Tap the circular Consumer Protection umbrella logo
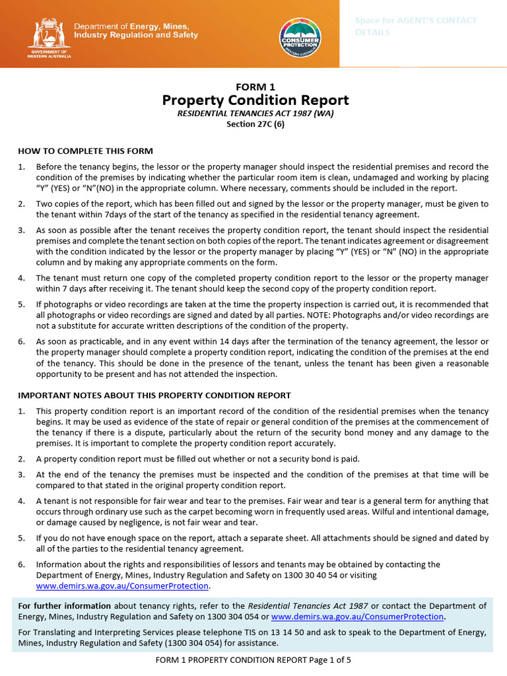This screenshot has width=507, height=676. [x=300, y=37]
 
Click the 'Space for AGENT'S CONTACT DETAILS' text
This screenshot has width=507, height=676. [x=416, y=26]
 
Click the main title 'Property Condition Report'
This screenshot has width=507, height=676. [x=255, y=100]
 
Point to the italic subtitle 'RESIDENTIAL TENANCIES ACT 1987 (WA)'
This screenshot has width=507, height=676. [x=255, y=114]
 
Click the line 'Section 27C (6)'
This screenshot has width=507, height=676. [x=255, y=124]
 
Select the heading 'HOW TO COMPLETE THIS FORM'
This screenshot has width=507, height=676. [x=85, y=151]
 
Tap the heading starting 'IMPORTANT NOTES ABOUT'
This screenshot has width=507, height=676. [x=154, y=395]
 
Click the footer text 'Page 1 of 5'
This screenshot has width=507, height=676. [x=331, y=659]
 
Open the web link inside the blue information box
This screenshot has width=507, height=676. [x=358, y=617]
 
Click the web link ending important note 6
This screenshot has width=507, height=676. [x=123, y=586]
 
